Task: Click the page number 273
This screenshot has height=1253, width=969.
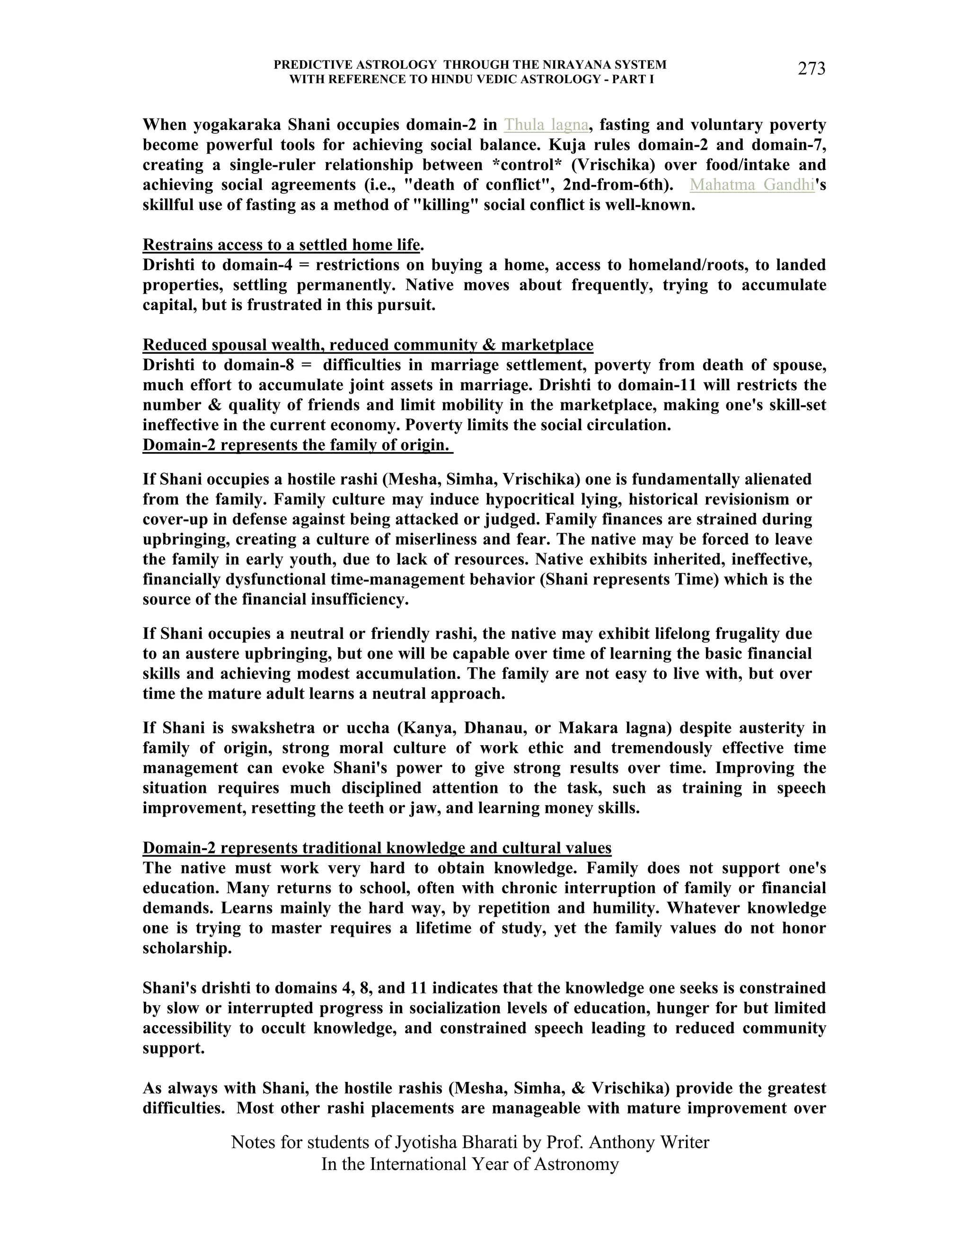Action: click(x=811, y=69)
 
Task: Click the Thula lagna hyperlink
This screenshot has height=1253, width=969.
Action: click(x=546, y=124)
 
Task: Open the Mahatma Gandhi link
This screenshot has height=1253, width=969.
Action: click(x=752, y=185)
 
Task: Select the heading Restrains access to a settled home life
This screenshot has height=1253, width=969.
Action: click(x=282, y=245)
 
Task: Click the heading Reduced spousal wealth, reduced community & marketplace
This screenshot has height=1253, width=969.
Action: click(x=367, y=345)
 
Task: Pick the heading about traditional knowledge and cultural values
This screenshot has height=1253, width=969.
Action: click(x=377, y=848)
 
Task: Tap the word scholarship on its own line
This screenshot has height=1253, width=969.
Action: click(x=186, y=948)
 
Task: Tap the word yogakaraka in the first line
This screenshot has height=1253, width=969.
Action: click(x=237, y=124)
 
